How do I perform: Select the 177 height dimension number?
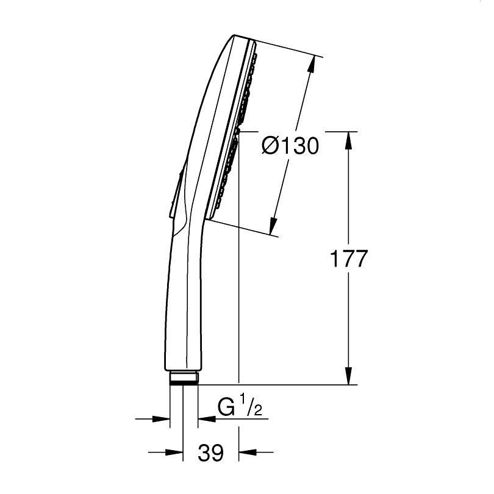349,259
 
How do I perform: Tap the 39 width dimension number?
210,453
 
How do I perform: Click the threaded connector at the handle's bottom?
184,378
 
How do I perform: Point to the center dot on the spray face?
238,131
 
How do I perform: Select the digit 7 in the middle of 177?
349,259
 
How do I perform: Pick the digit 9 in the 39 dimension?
217,453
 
